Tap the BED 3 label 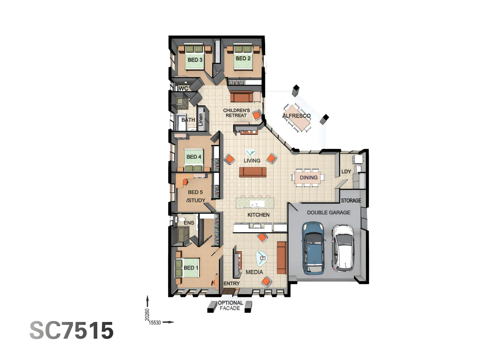pyautogui.click(x=195, y=60)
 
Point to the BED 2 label pyautogui.click(x=243, y=58)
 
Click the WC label pyautogui.click(x=183, y=88)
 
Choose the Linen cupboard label pyautogui.click(x=201, y=120)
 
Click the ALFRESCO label pyautogui.click(x=296, y=116)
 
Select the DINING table pyautogui.click(x=308, y=178)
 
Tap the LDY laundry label pyautogui.click(x=346, y=172)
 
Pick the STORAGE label pyautogui.click(x=351, y=200)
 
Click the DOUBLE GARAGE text pyautogui.click(x=328, y=212)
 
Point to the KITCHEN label pyautogui.click(x=258, y=215)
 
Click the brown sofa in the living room pyautogui.click(x=253, y=172)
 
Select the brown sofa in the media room pyautogui.click(x=281, y=258)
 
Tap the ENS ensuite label pyautogui.click(x=189, y=223)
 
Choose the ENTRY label pyautogui.click(x=231, y=283)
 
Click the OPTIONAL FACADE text pyautogui.click(x=230, y=305)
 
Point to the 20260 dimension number pyautogui.click(x=147, y=315)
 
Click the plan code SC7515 pyautogui.click(x=72, y=331)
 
